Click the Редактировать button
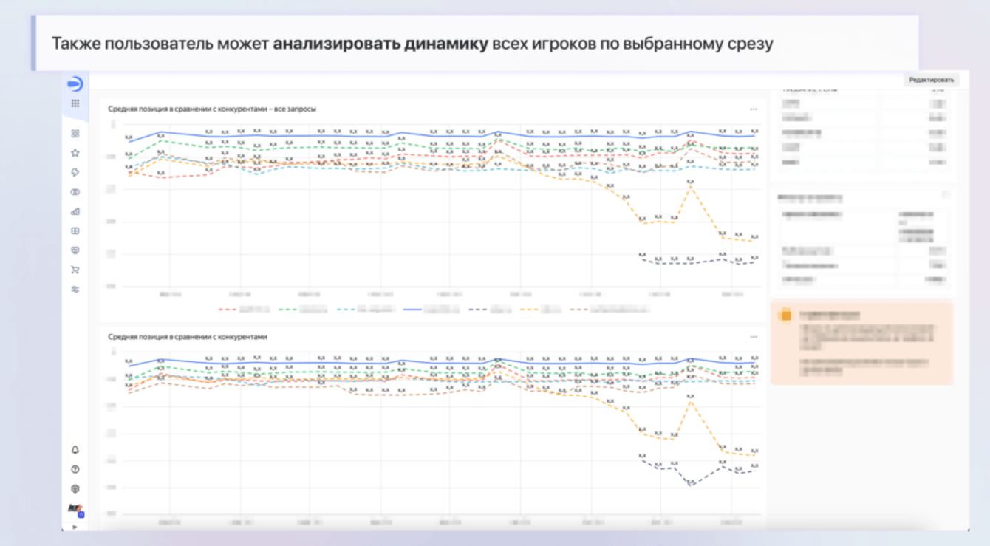[x=931, y=80]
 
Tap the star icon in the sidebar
[x=75, y=153]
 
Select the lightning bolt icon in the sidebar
[x=75, y=172]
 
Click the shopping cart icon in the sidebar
[x=75, y=270]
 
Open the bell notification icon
[x=75, y=450]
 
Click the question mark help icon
[x=75, y=469]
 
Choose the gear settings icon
[x=75, y=488]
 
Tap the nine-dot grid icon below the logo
[x=75, y=103]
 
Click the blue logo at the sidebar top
[x=75, y=83]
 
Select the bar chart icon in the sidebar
[x=75, y=211]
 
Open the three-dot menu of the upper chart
[x=754, y=109]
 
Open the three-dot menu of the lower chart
[x=754, y=337]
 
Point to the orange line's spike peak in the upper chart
[x=691, y=187]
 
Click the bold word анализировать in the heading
[x=336, y=43]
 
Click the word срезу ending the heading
[x=751, y=43]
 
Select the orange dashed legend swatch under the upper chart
[x=528, y=310]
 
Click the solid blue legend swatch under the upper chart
[x=412, y=310]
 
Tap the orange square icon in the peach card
[x=785, y=315]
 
